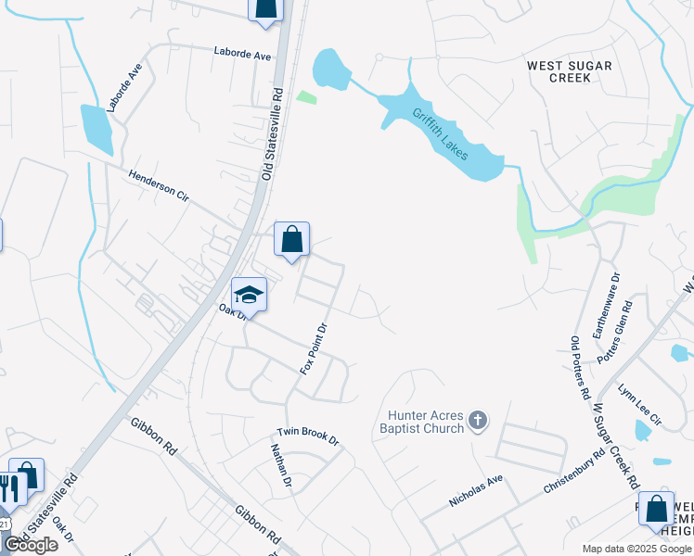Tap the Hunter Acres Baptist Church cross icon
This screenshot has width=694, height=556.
pyautogui.click(x=477, y=422)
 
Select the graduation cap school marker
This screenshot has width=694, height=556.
pyautogui.click(x=249, y=295)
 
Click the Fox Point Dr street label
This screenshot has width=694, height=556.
pyautogui.click(x=315, y=348)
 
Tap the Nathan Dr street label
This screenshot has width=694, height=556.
pyautogui.click(x=281, y=465)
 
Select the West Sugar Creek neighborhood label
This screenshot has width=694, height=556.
pyautogui.click(x=559, y=71)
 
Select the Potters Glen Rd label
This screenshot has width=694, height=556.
pyautogui.click(x=615, y=331)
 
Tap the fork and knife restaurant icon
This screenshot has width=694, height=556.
pyautogui.click(x=10, y=488)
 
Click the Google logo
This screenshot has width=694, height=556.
pyautogui.click(x=31, y=545)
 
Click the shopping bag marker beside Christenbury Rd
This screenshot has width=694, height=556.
pyautogui.click(x=656, y=509)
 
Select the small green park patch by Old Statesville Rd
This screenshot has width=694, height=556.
pyautogui.click(x=306, y=95)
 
